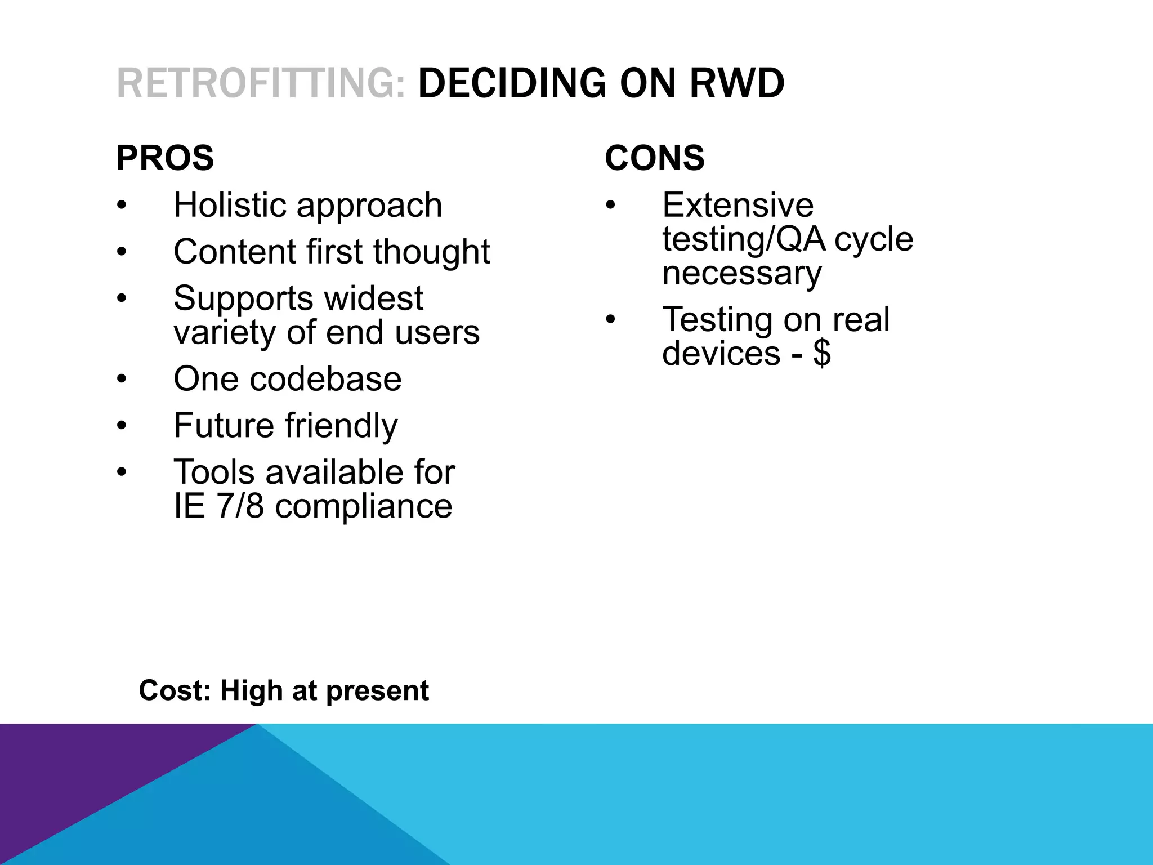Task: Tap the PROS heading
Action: pyautogui.click(x=165, y=158)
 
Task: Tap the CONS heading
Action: pyautogui.click(x=655, y=158)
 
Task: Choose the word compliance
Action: pyautogui.click(x=364, y=506)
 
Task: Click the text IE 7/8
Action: pyautogui.click(x=218, y=506)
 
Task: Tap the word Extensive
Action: pyautogui.click(x=738, y=205)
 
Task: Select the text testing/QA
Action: pyautogui.click(x=744, y=239)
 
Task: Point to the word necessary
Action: pyautogui.click(x=742, y=273)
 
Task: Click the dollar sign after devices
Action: pyautogui.click(x=822, y=354)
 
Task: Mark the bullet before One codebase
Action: pyautogui.click(x=122, y=378)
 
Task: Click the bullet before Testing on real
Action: pyautogui.click(x=611, y=319)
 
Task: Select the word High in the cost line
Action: pyautogui.click(x=251, y=690)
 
